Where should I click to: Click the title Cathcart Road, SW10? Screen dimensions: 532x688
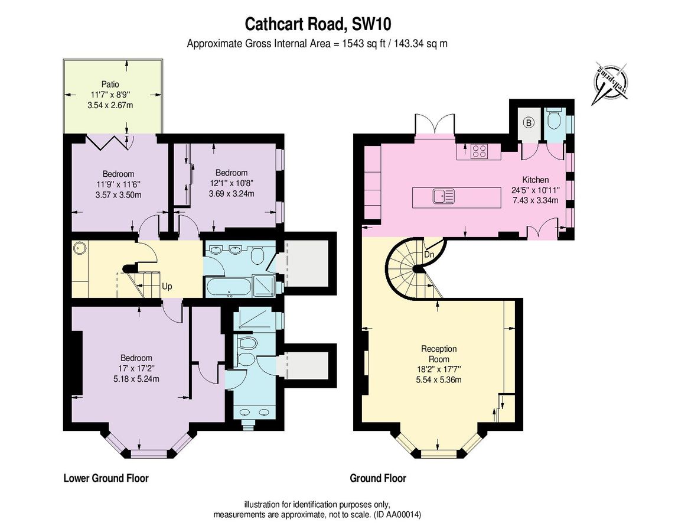pos(319,24)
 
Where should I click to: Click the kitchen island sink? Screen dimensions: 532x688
pos(442,195)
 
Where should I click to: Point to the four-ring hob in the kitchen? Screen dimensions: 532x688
pos(479,152)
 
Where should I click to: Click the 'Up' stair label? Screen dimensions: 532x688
pos(167,287)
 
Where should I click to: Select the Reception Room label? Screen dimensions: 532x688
pos(439,354)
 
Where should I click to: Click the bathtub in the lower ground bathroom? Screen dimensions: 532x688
pos(227,288)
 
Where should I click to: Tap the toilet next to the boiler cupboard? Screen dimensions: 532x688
pos(554,122)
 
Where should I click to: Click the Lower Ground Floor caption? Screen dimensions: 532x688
pos(106,478)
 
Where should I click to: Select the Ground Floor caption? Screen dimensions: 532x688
pos(378,478)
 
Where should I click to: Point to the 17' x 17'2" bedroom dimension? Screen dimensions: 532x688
pos(136,369)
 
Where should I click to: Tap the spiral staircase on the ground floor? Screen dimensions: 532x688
pos(412,269)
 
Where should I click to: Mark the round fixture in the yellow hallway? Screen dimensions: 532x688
pos(79,249)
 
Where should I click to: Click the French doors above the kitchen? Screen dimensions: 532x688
pos(435,124)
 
